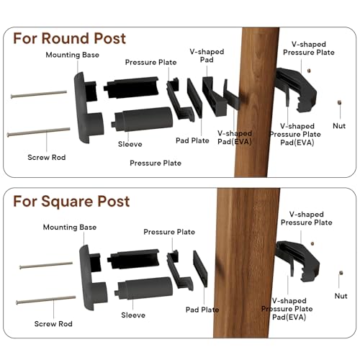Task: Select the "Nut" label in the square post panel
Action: coord(341,295)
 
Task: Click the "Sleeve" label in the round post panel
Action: coord(130,144)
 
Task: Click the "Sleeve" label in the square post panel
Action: coord(133,315)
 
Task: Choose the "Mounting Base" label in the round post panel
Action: coord(71,55)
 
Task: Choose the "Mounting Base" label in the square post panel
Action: coord(69,227)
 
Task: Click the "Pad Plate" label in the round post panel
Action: coord(192,140)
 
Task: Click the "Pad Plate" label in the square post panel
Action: coord(202,310)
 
